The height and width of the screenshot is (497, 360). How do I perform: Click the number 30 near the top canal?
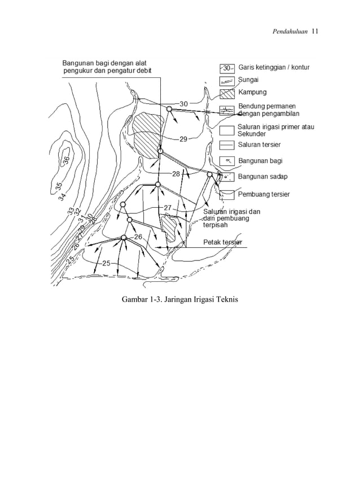[184, 104]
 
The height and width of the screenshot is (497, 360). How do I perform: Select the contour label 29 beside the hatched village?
[183, 139]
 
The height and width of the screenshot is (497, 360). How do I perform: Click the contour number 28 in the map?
[177, 174]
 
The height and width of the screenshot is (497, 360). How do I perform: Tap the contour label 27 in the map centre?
[168, 208]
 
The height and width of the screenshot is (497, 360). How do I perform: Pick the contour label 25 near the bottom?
[107, 263]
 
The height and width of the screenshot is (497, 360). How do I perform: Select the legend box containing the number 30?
[227, 68]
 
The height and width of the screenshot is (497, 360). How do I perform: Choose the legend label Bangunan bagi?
[260, 161]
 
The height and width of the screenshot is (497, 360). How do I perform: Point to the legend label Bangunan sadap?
[262, 177]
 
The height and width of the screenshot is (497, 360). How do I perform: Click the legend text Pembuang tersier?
[264, 194]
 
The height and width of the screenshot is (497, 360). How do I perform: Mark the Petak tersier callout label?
[223, 242]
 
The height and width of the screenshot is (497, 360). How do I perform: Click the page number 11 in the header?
[315, 31]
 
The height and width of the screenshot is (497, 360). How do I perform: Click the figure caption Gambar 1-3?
[180, 298]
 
